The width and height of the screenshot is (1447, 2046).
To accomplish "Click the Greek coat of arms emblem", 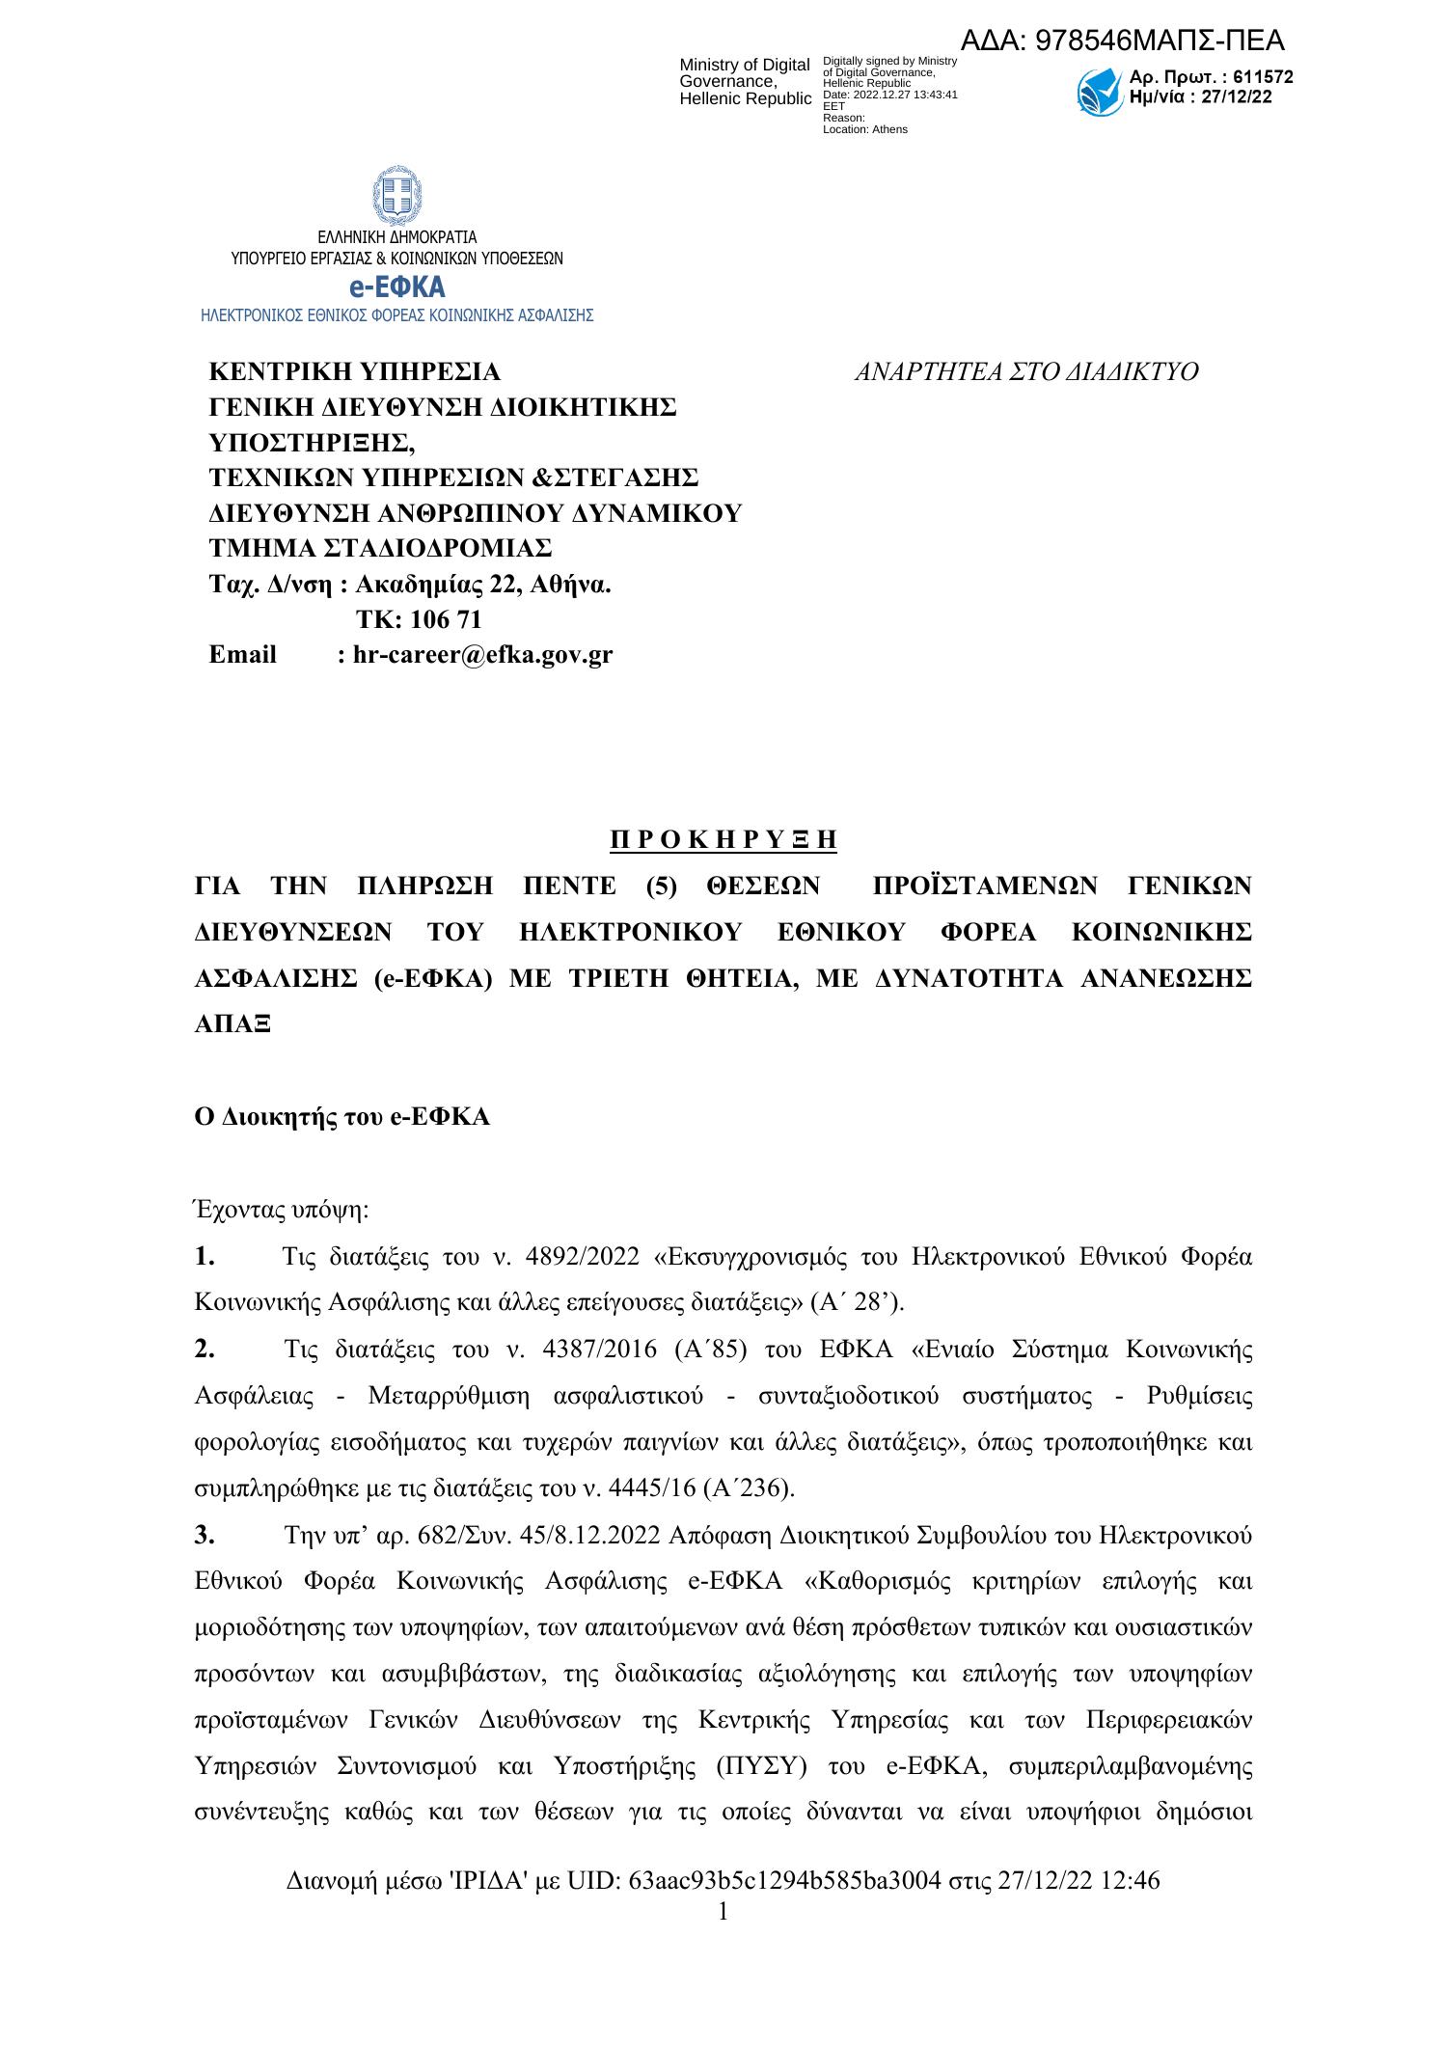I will (x=396, y=196).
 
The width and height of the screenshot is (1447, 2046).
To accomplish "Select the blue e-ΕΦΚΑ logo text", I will (x=396, y=287).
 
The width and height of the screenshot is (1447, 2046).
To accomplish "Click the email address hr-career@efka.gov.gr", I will (x=482, y=655).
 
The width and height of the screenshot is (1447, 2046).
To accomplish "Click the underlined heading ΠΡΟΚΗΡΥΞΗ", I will (x=723, y=840).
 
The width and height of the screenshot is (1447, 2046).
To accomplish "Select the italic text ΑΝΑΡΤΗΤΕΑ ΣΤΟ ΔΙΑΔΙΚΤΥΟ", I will (x=1026, y=372).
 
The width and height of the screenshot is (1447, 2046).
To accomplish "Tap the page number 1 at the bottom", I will (x=723, y=1911).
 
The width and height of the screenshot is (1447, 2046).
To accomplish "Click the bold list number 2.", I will (x=204, y=1349).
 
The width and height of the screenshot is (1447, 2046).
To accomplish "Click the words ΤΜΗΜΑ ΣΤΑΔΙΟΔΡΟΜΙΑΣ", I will (x=381, y=548).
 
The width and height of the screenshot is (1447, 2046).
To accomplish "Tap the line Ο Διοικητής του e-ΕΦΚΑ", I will (x=342, y=1117).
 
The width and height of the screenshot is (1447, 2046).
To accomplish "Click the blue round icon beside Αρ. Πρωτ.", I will (x=1100, y=92).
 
